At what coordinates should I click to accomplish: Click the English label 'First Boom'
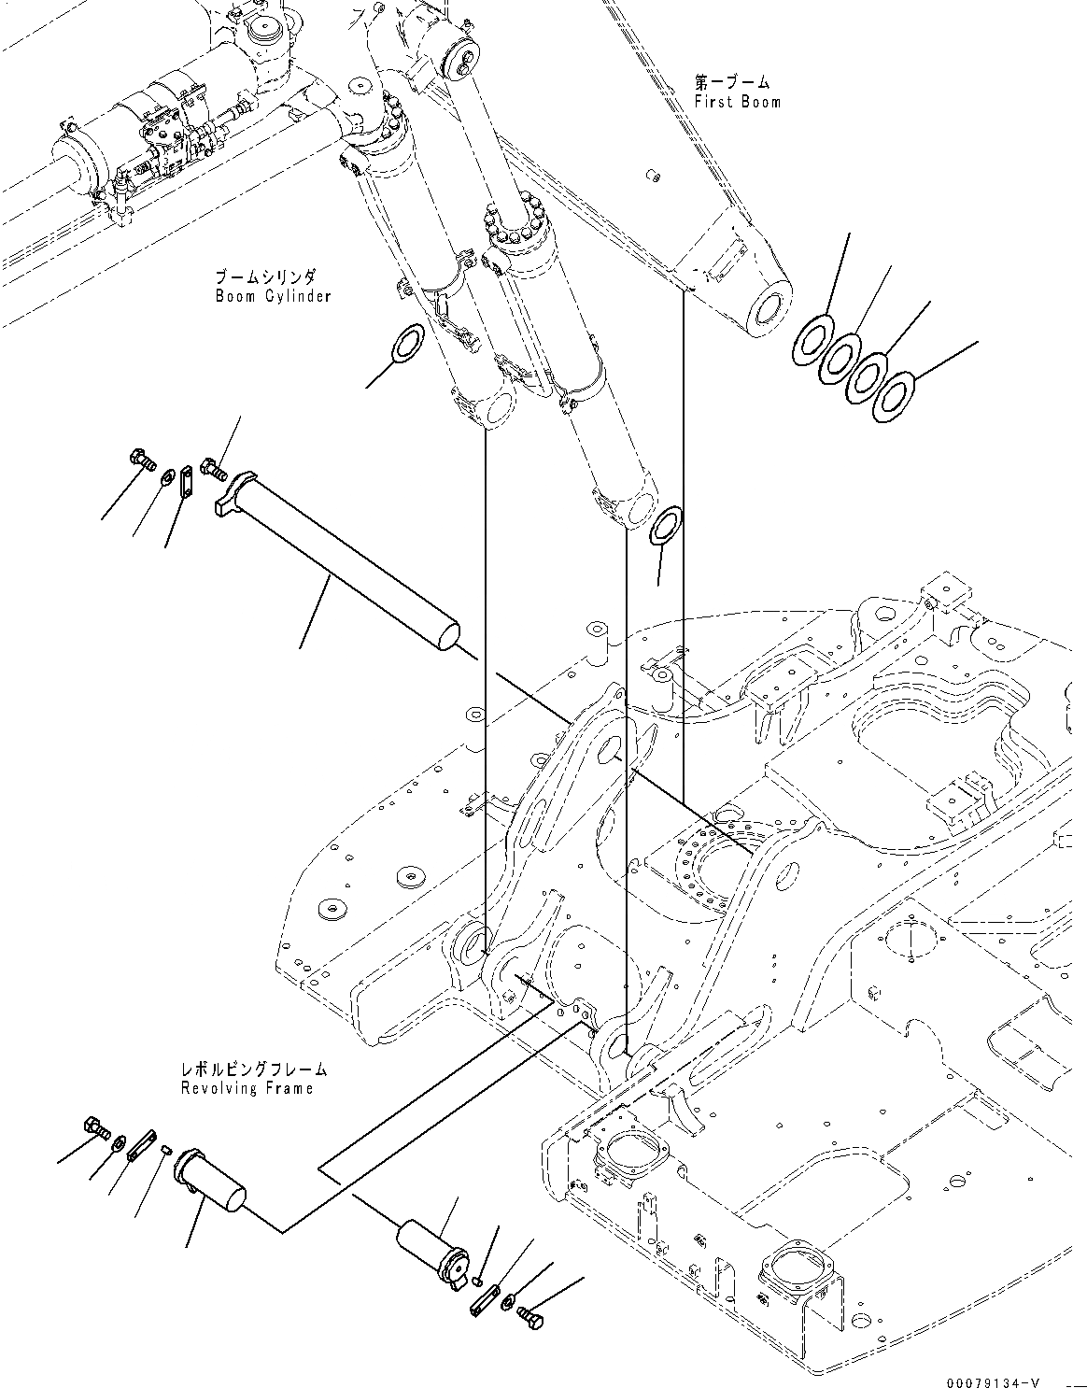(737, 102)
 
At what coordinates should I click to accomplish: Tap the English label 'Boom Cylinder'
(273, 297)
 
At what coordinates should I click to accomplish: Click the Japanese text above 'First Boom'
(732, 84)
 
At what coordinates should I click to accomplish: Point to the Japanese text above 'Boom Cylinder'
(266, 278)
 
